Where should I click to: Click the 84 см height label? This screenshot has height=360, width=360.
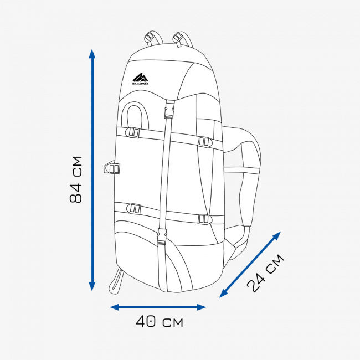(x=75, y=179)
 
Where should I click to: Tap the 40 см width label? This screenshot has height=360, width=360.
(x=160, y=321)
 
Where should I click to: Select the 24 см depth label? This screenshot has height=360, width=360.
(x=265, y=273)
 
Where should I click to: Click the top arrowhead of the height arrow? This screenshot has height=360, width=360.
(x=92, y=54)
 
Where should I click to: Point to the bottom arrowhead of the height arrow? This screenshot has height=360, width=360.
(x=92, y=286)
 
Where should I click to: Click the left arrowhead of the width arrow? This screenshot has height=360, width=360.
(x=115, y=307)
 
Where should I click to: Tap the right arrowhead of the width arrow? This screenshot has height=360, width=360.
(x=201, y=307)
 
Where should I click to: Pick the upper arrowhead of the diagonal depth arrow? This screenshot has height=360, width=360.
(x=277, y=236)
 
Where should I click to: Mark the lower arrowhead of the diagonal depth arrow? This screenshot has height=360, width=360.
(x=223, y=294)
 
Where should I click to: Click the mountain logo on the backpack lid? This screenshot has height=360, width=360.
(x=140, y=79)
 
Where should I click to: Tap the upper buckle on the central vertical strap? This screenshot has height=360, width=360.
(x=169, y=109)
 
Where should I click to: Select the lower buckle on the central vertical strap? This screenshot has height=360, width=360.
(x=162, y=236)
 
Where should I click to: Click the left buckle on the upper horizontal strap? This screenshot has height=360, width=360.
(x=133, y=132)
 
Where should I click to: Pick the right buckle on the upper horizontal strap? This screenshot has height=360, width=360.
(x=205, y=141)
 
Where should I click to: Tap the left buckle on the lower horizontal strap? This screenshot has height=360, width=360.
(x=133, y=208)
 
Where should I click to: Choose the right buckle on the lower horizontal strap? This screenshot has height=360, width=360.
(x=205, y=219)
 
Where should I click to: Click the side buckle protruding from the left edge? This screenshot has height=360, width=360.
(x=112, y=167)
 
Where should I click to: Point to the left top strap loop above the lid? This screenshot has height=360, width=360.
(x=153, y=39)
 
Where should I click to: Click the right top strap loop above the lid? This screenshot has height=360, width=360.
(x=182, y=39)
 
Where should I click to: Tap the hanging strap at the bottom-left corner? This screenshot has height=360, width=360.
(x=116, y=281)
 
